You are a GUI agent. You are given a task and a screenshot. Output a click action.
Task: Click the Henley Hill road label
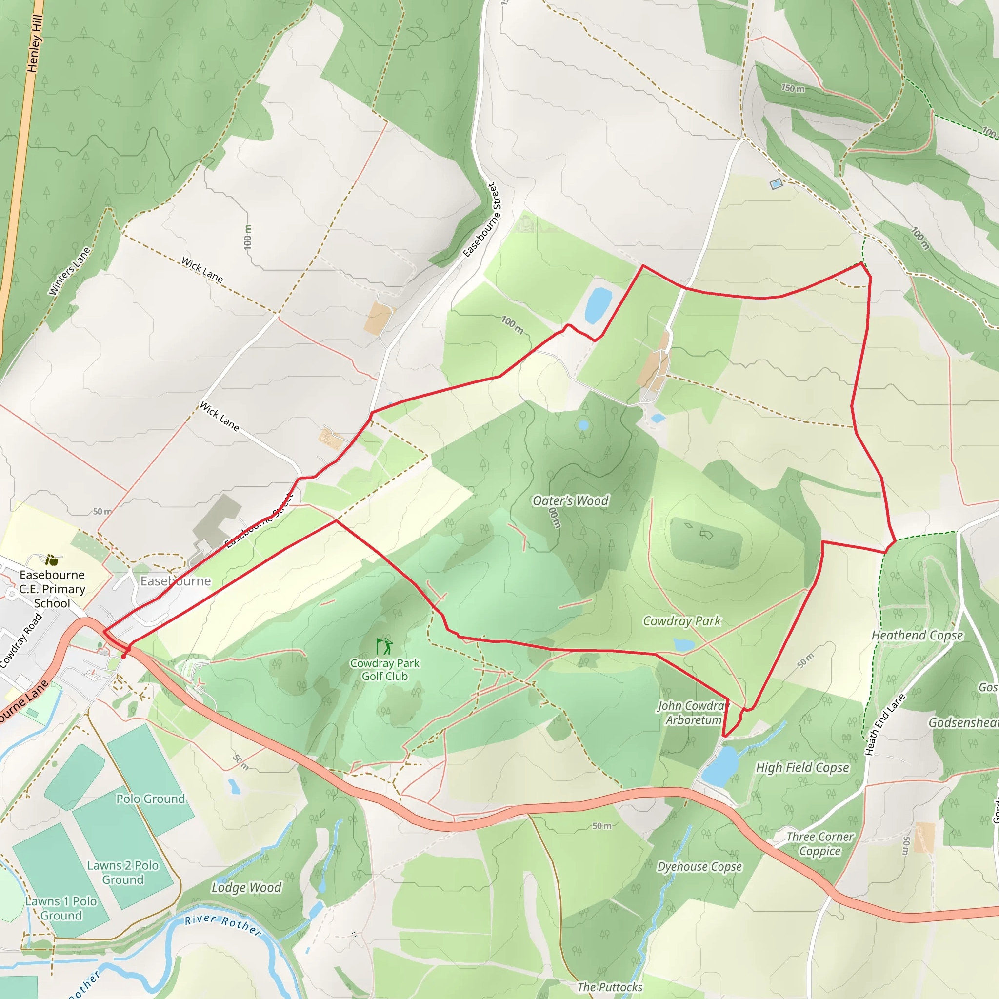pos(35,44)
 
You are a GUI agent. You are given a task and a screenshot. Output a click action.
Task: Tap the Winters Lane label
pos(69,272)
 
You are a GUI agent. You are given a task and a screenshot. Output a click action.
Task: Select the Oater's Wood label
pos(570,500)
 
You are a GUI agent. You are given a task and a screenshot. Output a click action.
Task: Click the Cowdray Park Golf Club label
pos(385,670)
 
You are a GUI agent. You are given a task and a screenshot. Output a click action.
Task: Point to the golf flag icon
pos(384,646)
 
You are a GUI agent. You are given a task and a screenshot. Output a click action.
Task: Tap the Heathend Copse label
pos(918,635)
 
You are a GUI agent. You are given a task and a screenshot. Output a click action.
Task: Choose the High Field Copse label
pos(802,767)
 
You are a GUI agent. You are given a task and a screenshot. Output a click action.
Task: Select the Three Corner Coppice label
pos(820,843)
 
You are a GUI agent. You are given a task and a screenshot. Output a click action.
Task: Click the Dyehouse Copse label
pos(699,866)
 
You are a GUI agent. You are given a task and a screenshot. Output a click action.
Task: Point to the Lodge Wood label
pos(247,887)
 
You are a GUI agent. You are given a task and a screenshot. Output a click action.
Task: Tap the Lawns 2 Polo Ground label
pos(122,872)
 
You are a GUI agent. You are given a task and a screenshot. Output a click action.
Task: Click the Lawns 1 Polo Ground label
pos(61,908)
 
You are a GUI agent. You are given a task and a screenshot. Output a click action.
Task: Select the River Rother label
pos(223,925)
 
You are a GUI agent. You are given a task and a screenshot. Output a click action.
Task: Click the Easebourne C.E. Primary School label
pos(52,589)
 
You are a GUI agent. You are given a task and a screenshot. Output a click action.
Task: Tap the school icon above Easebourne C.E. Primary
pos(51,560)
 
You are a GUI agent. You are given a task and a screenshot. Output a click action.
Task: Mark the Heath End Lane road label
pos(885,724)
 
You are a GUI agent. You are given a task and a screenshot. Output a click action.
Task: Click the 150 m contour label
pos(793,88)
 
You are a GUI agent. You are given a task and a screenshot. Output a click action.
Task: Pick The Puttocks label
pos(610,987)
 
